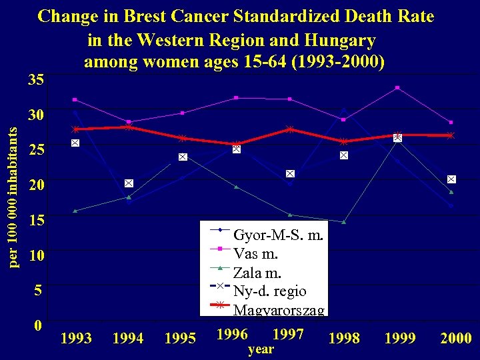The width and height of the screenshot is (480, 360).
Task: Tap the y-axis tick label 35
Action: tap(36, 81)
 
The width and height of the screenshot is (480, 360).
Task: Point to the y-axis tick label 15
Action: tap(36, 220)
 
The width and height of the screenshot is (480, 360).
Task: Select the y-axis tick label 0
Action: tap(39, 325)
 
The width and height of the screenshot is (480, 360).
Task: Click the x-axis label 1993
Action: tap(76, 339)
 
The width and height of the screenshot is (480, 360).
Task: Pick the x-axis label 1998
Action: tap(344, 339)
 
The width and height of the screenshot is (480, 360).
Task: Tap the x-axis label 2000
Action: tap(456, 339)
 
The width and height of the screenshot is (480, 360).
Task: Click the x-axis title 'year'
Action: tap(261, 349)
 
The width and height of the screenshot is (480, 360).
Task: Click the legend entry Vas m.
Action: tap(256, 254)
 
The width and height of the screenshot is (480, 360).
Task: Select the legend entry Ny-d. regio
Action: tap(269, 291)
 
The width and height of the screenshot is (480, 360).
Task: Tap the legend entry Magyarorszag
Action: tap(279, 310)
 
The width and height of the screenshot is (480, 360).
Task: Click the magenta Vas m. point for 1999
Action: tap(397, 87)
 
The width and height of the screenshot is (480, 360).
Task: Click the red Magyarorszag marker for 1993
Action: tap(76, 129)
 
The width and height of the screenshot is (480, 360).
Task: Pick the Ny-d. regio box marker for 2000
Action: tap(451, 179)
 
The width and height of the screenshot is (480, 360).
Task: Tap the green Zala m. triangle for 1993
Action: tap(75, 211)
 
